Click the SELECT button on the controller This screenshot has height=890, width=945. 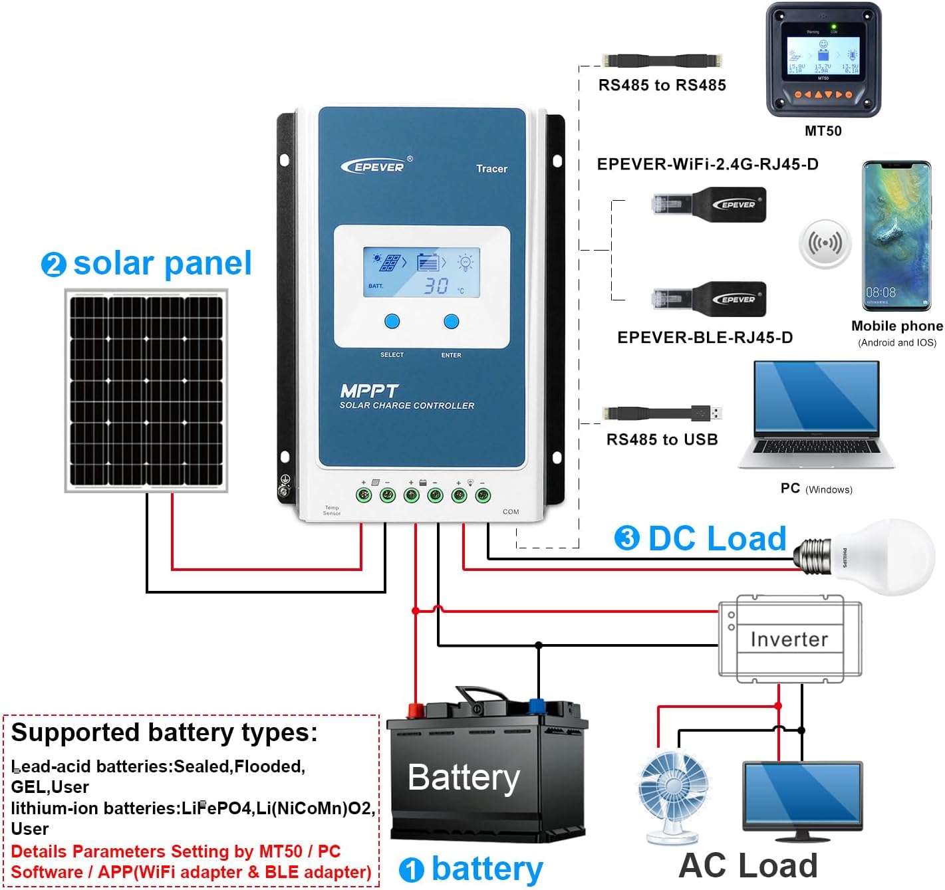coord(392,322)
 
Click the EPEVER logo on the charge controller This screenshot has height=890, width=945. coord(376,166)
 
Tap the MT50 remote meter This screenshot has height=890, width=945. coord(823,60)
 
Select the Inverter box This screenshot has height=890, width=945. coord(789,639)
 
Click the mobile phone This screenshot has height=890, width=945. coord(896,236)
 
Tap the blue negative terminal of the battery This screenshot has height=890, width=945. coord(536,705)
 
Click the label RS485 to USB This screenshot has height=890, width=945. coord(662,439)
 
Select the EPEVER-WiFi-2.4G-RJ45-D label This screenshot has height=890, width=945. coord(708,164)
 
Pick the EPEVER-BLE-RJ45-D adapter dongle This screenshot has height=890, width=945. coord(710,299)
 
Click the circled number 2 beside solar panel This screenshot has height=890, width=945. coord(53,265)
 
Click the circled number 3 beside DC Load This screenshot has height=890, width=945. coord(626,538)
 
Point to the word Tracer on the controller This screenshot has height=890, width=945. coord(491,169)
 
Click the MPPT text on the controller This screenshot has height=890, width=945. coord(368,391)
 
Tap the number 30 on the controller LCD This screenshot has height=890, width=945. coord(436,286)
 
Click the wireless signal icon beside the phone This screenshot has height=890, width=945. coord(825,243)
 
